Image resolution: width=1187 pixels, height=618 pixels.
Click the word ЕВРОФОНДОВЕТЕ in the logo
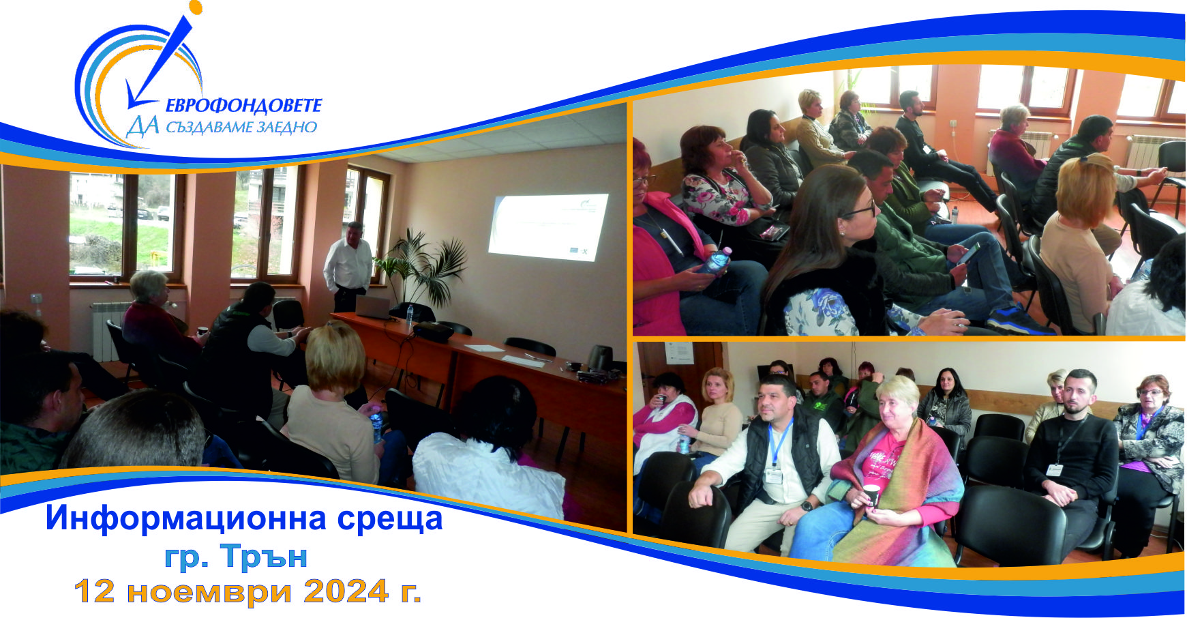pos(243,106)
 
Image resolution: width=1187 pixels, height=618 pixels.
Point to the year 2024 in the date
pos(346,591)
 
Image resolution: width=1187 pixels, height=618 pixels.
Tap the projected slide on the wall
pos(550,226)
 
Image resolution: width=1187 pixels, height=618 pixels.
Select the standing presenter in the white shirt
pos(348,266)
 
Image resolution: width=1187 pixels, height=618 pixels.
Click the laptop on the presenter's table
pos(372,308)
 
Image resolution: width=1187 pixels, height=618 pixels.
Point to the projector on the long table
pos(433,332)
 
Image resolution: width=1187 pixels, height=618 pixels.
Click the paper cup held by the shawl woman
pos(872,495)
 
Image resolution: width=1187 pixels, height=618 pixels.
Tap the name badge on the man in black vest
pos(774,475)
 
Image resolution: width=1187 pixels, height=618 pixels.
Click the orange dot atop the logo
pos(196,8)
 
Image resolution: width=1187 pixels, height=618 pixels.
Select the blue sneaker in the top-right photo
pos(1020,320)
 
